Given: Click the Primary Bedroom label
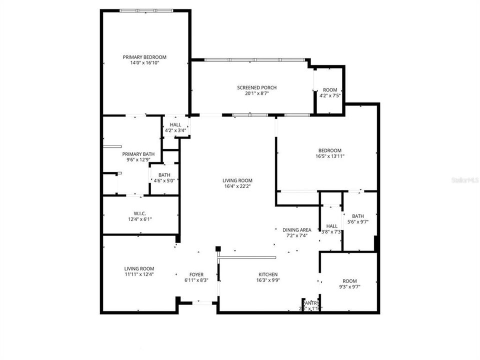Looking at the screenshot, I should point(144,57).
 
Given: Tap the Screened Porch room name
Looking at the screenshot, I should point(256,87).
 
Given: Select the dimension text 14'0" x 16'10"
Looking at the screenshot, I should point(144,63).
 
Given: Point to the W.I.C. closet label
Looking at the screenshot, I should point(139,213).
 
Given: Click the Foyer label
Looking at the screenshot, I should point(196,274).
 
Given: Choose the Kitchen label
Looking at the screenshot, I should point(268,274).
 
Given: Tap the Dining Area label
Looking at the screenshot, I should point(296,229).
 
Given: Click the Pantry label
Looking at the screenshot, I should point(311,302).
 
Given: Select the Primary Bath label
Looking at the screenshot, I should point(138,154).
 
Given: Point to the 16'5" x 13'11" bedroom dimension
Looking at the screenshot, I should point(330,156).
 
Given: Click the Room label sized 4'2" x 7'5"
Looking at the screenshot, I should point(330,90).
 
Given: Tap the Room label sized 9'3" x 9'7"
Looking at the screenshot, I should point(350,280).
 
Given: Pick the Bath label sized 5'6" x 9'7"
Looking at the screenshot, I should point(357,216).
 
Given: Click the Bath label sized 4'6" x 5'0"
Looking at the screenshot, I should point(164,174).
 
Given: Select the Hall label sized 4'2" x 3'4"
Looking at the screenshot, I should point(175,124).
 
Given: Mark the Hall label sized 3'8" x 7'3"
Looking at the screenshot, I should point(332,225).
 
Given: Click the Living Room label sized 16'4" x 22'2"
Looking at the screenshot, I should point(237,180).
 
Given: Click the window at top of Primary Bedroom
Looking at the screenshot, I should point(146,10).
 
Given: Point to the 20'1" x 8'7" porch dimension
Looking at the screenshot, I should point(256,93).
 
